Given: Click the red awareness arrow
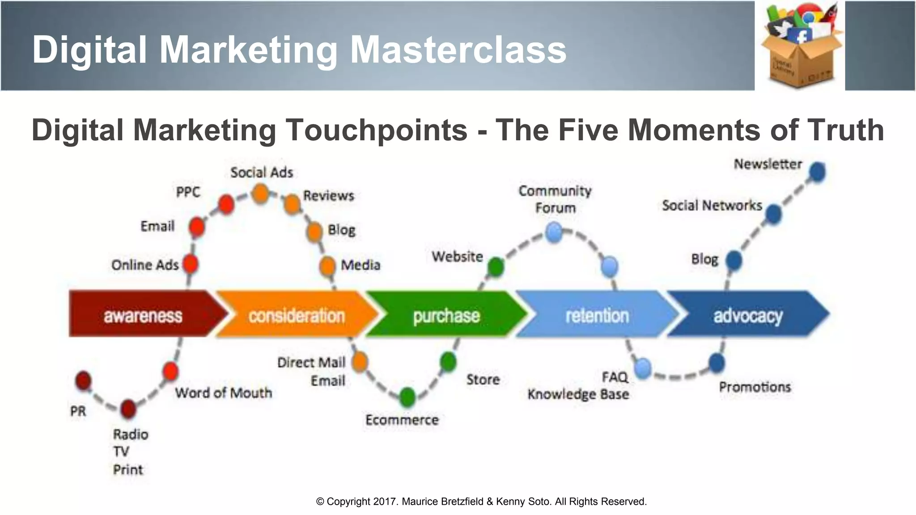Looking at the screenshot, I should (x=143, y=314).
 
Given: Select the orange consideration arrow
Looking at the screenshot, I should (x=297, y=315).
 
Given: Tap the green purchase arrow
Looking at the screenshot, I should (x=446, y=315).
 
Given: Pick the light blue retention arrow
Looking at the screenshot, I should (x=597, y=315).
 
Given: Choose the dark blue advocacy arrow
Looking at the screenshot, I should (x=747, y=315).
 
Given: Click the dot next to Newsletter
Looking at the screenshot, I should (x=817, y=172).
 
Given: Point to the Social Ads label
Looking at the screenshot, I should (x=262, y=173).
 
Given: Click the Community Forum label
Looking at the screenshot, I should (x=555, y=199).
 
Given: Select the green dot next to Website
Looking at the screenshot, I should (x=496, y=267).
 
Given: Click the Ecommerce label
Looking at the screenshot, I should (x=402, y=420).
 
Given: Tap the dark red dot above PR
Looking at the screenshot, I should (x=83, y=380).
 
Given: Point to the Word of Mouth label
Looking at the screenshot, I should (x=223, y=393).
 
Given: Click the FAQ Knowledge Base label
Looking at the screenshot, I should (x=578, y=386).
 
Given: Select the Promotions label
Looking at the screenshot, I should (x=755, y=387).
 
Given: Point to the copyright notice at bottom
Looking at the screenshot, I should (x=481, y=502).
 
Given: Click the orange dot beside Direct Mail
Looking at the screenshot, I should (x=359, y=361).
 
